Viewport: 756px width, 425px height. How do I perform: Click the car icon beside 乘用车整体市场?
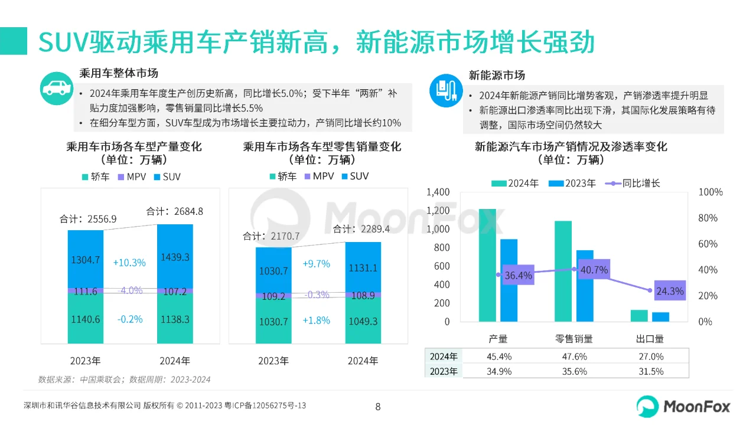[x=57, y=89]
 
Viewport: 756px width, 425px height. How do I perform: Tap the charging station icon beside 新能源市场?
[x=446, y=90]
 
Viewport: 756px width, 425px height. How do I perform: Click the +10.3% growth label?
[x=129, y=263]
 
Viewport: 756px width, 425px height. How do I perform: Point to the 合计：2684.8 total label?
[x=174, y=211]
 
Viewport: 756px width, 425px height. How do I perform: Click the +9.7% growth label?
[x=316, y=264]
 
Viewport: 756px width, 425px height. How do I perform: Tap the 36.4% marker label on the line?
[x=519, y=276]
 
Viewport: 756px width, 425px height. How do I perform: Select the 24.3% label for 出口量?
[x=669, y=290]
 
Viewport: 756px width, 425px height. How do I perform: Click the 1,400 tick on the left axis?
[x=438, y=192]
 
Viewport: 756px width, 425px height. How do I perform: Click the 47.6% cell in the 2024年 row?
[x=573, y=357]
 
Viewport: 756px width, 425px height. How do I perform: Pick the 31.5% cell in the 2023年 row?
[x=651, y=371]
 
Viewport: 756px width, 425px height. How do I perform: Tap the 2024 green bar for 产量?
[x=487, y=265]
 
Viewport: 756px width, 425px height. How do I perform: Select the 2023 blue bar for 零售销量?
[x=585, y=286]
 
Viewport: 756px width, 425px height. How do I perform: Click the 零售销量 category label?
[x=573, y=339]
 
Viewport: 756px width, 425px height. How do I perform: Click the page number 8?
[x=378, y=407]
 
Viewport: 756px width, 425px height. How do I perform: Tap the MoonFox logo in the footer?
[x=683, y=406]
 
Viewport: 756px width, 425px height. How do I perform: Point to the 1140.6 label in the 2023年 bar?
[x=85, y=319]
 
